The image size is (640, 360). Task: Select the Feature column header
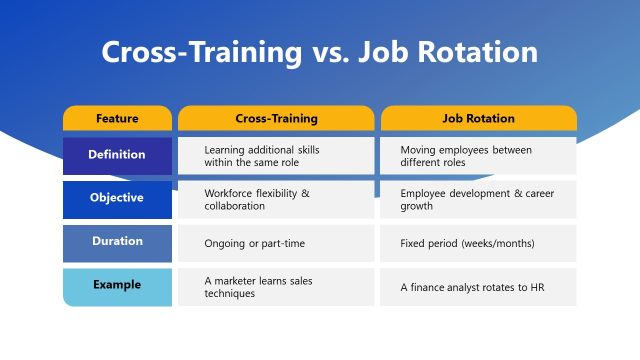117,118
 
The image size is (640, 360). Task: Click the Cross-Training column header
276,118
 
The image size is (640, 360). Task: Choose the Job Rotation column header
478,118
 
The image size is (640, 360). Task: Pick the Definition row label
117,155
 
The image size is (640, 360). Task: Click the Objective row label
117,198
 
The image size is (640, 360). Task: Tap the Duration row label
117,241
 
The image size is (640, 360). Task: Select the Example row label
117,285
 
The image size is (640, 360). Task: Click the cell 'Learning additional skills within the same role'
276,155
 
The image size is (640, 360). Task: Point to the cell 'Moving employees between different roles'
478,155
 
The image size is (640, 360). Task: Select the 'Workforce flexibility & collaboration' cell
276,199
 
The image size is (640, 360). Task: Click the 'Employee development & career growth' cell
478,199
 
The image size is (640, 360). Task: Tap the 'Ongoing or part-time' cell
276,243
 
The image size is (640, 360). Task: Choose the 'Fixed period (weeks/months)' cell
478,243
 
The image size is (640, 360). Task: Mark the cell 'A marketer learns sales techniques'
276,287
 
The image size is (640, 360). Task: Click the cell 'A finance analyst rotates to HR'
478,287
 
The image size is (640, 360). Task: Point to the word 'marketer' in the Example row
236,281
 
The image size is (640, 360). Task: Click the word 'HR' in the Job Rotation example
537,288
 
